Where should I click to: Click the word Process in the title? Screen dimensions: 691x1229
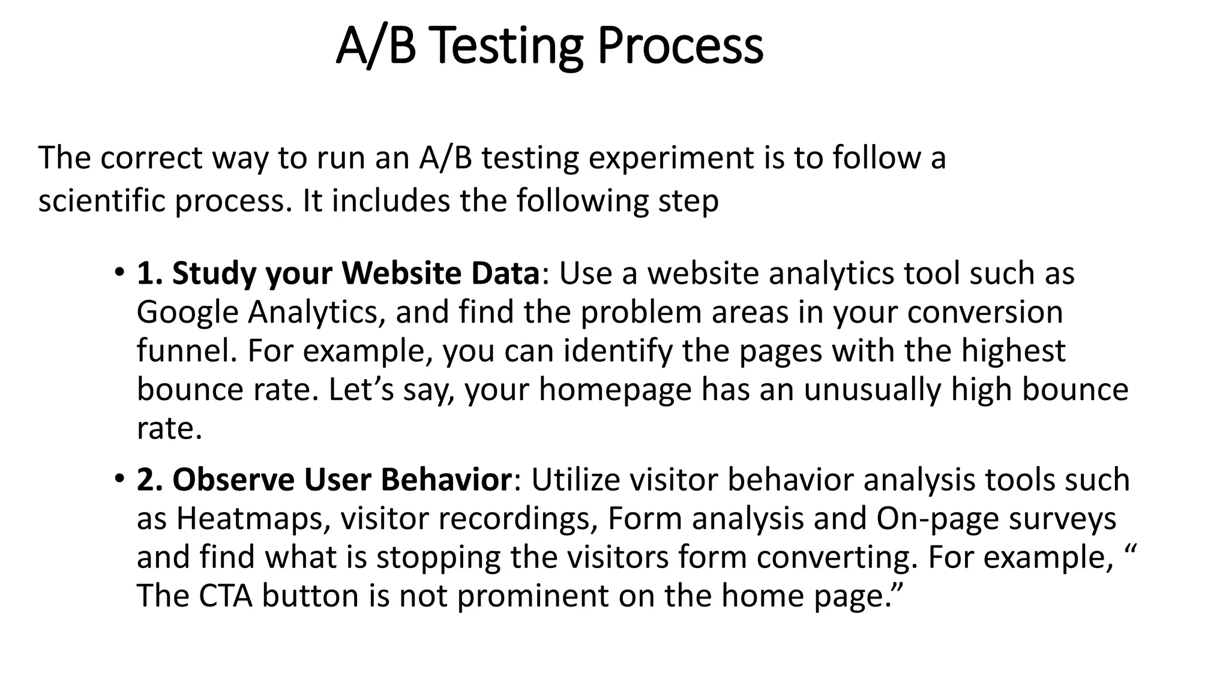click(681, 47)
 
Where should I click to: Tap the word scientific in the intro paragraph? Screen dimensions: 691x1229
click(101, 200)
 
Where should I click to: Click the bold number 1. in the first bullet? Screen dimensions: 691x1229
click(150, 273)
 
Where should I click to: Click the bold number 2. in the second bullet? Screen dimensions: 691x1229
click(150, 480)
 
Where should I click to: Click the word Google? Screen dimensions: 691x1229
click(188, 313)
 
